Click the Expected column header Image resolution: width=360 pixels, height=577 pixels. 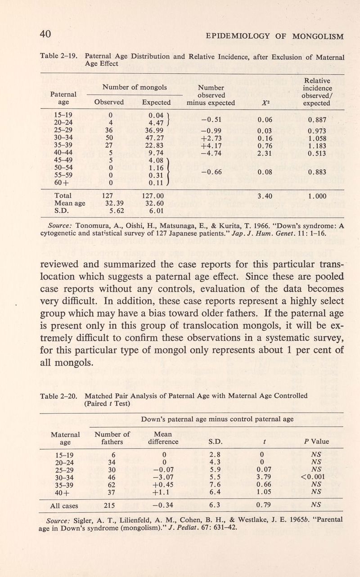coord(156,103)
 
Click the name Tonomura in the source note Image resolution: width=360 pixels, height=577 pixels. coord(94,225)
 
